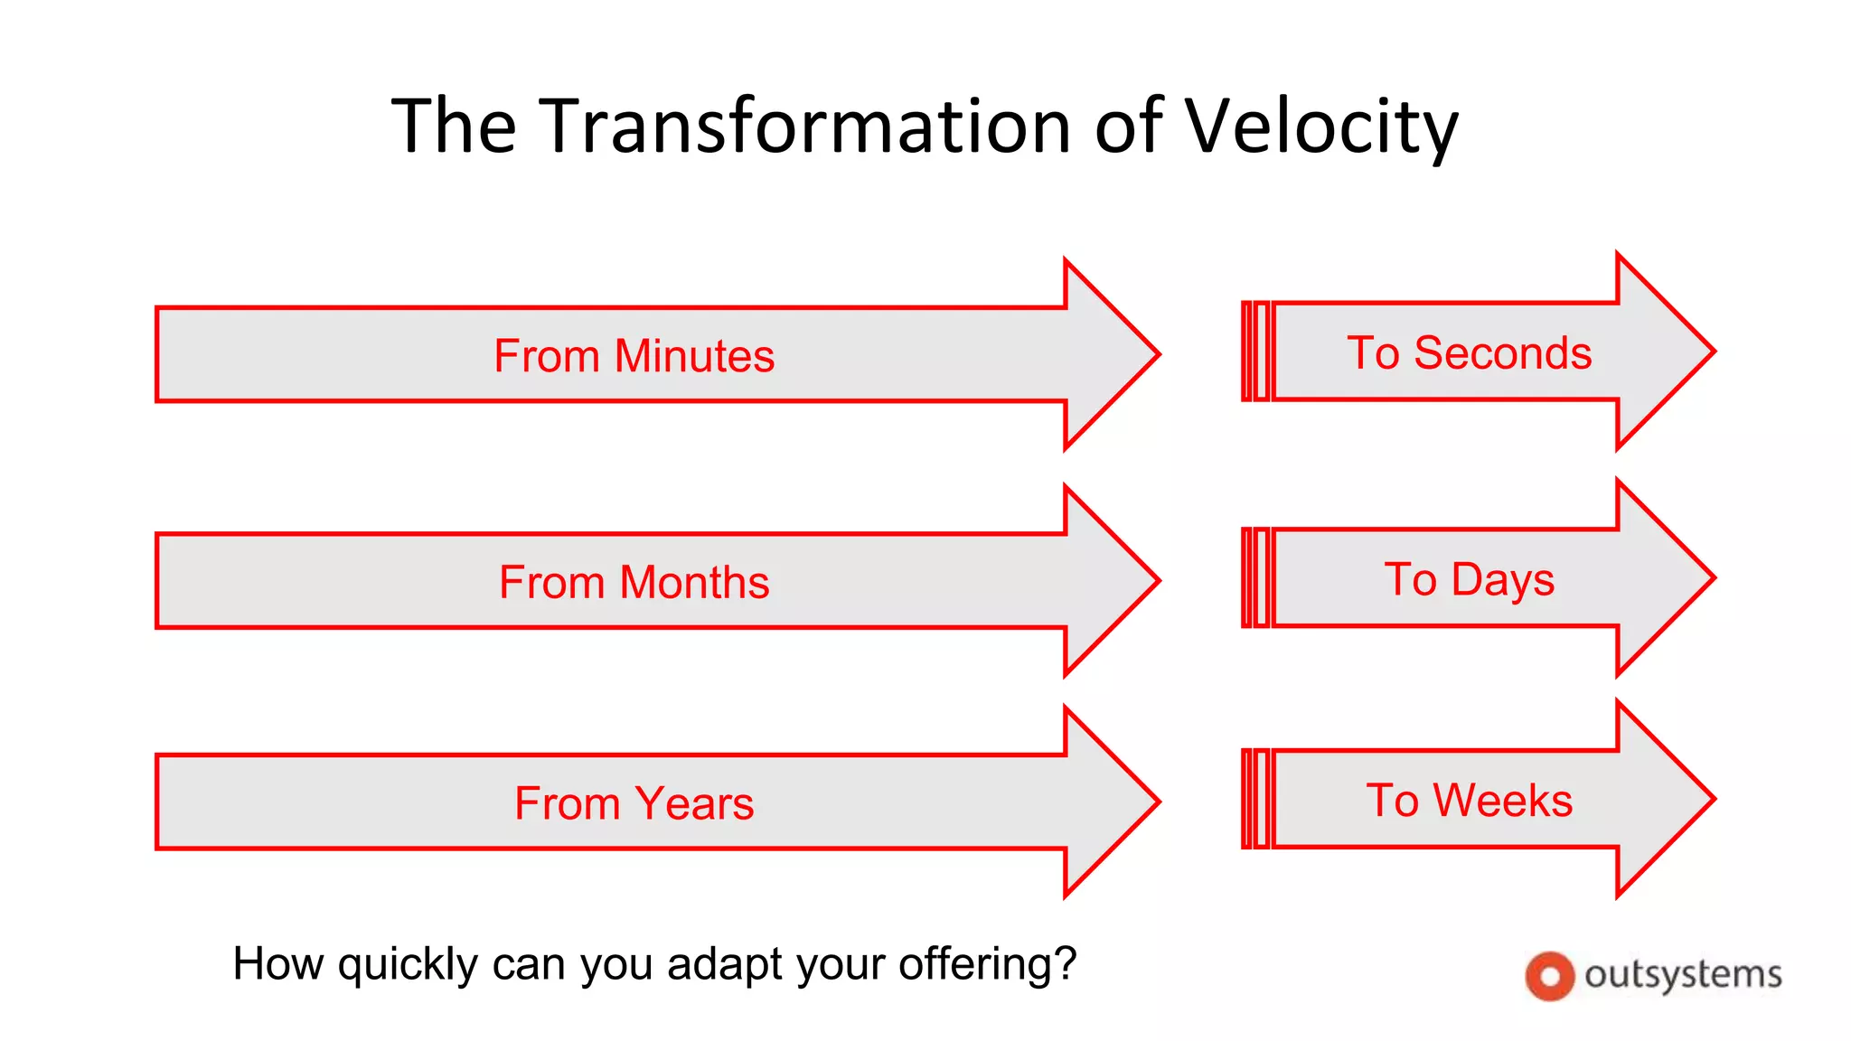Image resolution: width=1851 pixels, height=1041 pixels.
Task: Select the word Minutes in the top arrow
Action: point(694,356)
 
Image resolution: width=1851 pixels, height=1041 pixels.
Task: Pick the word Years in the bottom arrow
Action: point(694,803)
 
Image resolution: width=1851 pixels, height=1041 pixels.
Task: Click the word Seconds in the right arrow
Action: point(1502,353)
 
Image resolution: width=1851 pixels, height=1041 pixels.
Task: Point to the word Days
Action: point(1502,580)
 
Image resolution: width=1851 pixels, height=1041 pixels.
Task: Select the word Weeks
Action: point(1502,801)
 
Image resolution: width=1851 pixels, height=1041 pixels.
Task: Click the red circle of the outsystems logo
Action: point(1549,976)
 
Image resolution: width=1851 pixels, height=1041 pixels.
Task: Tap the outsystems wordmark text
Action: point(1683,975)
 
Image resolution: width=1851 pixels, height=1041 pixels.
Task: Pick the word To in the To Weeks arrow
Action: point(1392,801)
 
